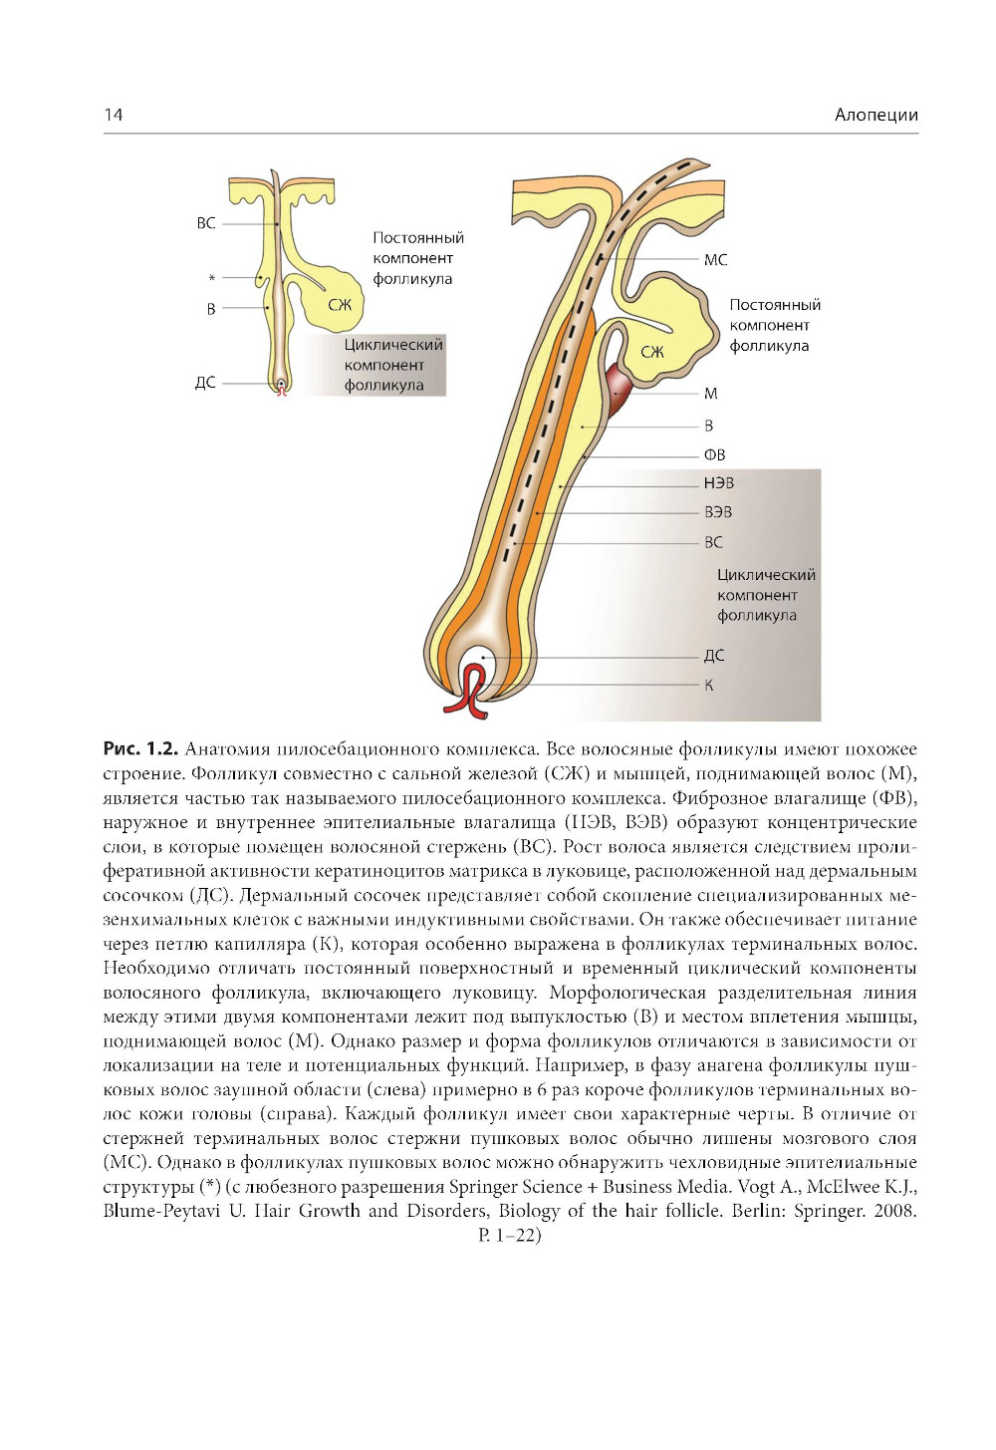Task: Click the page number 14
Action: [x=114, y=115]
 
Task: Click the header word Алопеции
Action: [x=875, y=115]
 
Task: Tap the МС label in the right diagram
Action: [x=715, y=260]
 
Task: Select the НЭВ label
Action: [x=718, y=483]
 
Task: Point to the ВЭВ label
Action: [x=717, y=512]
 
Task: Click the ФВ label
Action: [x=714, y=454]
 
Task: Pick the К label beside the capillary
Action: [x=708, y=686]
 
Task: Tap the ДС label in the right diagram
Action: [x=713, y=656]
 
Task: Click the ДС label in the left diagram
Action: [x=205, y=383]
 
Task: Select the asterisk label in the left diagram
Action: [x=211, y=279]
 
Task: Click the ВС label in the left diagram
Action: [x=206, y=223]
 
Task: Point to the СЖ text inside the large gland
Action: [x=652, y=353]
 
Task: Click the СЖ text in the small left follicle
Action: [x=341, y=306]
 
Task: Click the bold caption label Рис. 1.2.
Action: [x=139, y=748]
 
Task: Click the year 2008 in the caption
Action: [x=893, y=1211]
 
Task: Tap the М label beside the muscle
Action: [x=710, y=394]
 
